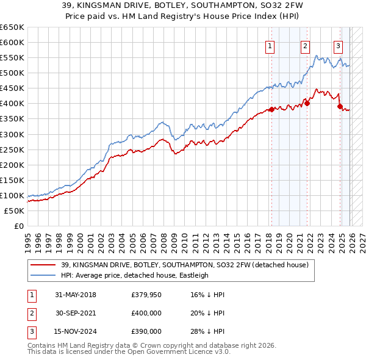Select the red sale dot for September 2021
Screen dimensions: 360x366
[x=307, y=103]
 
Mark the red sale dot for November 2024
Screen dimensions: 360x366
[x=340, y=106]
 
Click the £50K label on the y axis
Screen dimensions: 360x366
[x=15, y=211]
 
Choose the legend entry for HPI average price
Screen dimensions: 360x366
[x=134, y=275]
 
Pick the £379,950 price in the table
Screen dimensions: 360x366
[x=146, y=295]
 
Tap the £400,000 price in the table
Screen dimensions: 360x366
[x=146, y=313]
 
